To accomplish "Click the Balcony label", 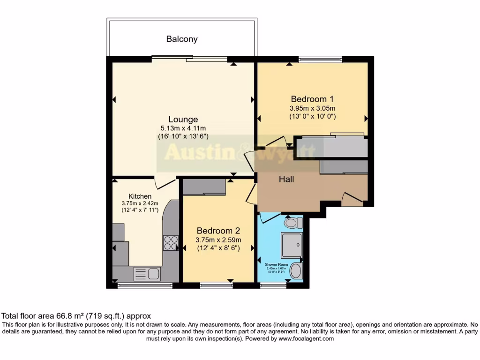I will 182,39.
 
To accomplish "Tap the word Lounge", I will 183,120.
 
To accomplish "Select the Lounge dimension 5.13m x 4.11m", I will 183,128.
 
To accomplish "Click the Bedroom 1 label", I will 312,99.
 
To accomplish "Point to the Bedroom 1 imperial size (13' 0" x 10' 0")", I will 312,116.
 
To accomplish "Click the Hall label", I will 287,179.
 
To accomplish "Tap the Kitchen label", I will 140,196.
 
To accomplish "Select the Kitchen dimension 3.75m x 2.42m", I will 140,203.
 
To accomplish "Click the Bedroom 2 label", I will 218,231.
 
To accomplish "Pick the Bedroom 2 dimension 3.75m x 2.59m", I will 218,240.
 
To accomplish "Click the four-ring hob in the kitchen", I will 170,242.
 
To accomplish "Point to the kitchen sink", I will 147,274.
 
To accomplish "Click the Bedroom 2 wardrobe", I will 204,187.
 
